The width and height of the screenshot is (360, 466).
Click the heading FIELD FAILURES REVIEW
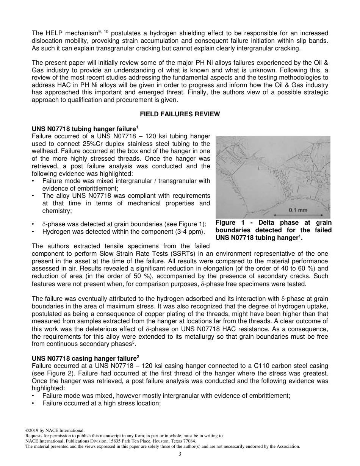pos(180,114)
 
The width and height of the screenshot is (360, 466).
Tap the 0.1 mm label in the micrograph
pos(298,210)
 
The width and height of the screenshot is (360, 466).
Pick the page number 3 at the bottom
pos(180,454)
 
